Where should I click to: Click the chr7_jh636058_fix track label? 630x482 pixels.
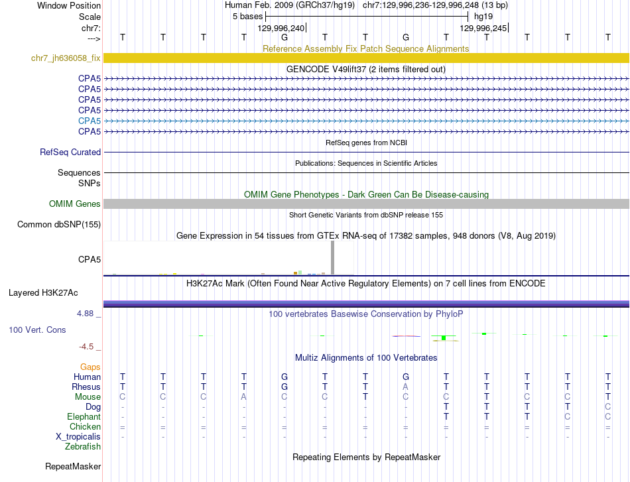click(x=66, y=58)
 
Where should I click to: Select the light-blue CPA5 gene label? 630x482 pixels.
click(x=90, y=121)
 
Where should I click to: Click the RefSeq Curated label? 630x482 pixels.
click(x=70, y=152)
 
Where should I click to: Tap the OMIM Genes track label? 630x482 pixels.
click(x=75, y=204)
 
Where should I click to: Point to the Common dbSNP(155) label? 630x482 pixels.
click(x=59, y=225)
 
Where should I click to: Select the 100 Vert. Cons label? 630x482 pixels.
click(x=38, y=330)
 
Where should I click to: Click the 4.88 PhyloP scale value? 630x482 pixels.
click(x=89, y=314)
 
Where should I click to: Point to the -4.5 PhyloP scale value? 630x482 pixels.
click(x=89, y=347)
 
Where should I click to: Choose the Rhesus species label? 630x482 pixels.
click(x=86, y=387)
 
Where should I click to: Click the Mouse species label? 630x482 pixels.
click(x=88, y=397)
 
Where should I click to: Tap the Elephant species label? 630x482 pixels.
click(x=84, y=417)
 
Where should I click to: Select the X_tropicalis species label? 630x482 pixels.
click(x=78, y=437)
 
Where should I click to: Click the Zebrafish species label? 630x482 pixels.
click(x=83, y=447)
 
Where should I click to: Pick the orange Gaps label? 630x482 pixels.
click(x=90, y=367)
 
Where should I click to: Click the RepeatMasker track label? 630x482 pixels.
click(x=73, y=467)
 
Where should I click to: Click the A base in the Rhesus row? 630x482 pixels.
click(x=406, y=387)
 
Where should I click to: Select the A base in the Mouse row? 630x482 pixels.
click(x=244, y=397)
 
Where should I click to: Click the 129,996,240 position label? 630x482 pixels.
click(x=281, y=28)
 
